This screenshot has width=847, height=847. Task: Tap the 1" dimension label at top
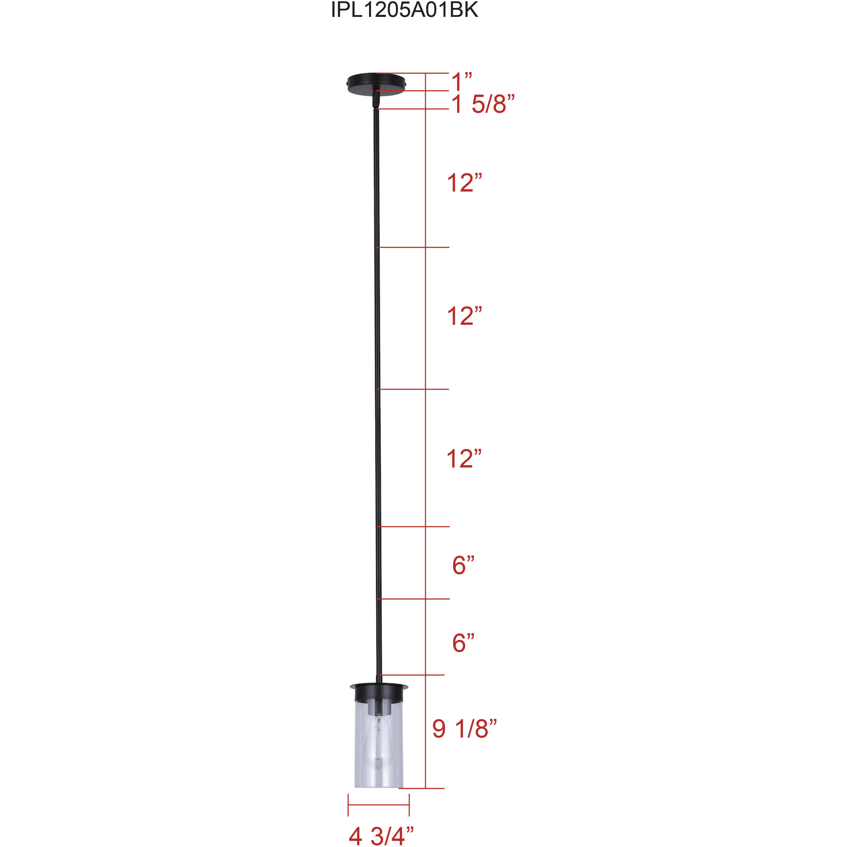click(462, 82)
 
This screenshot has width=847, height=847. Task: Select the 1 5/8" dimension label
click(483, 105)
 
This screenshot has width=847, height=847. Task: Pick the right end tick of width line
click(409, 805)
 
